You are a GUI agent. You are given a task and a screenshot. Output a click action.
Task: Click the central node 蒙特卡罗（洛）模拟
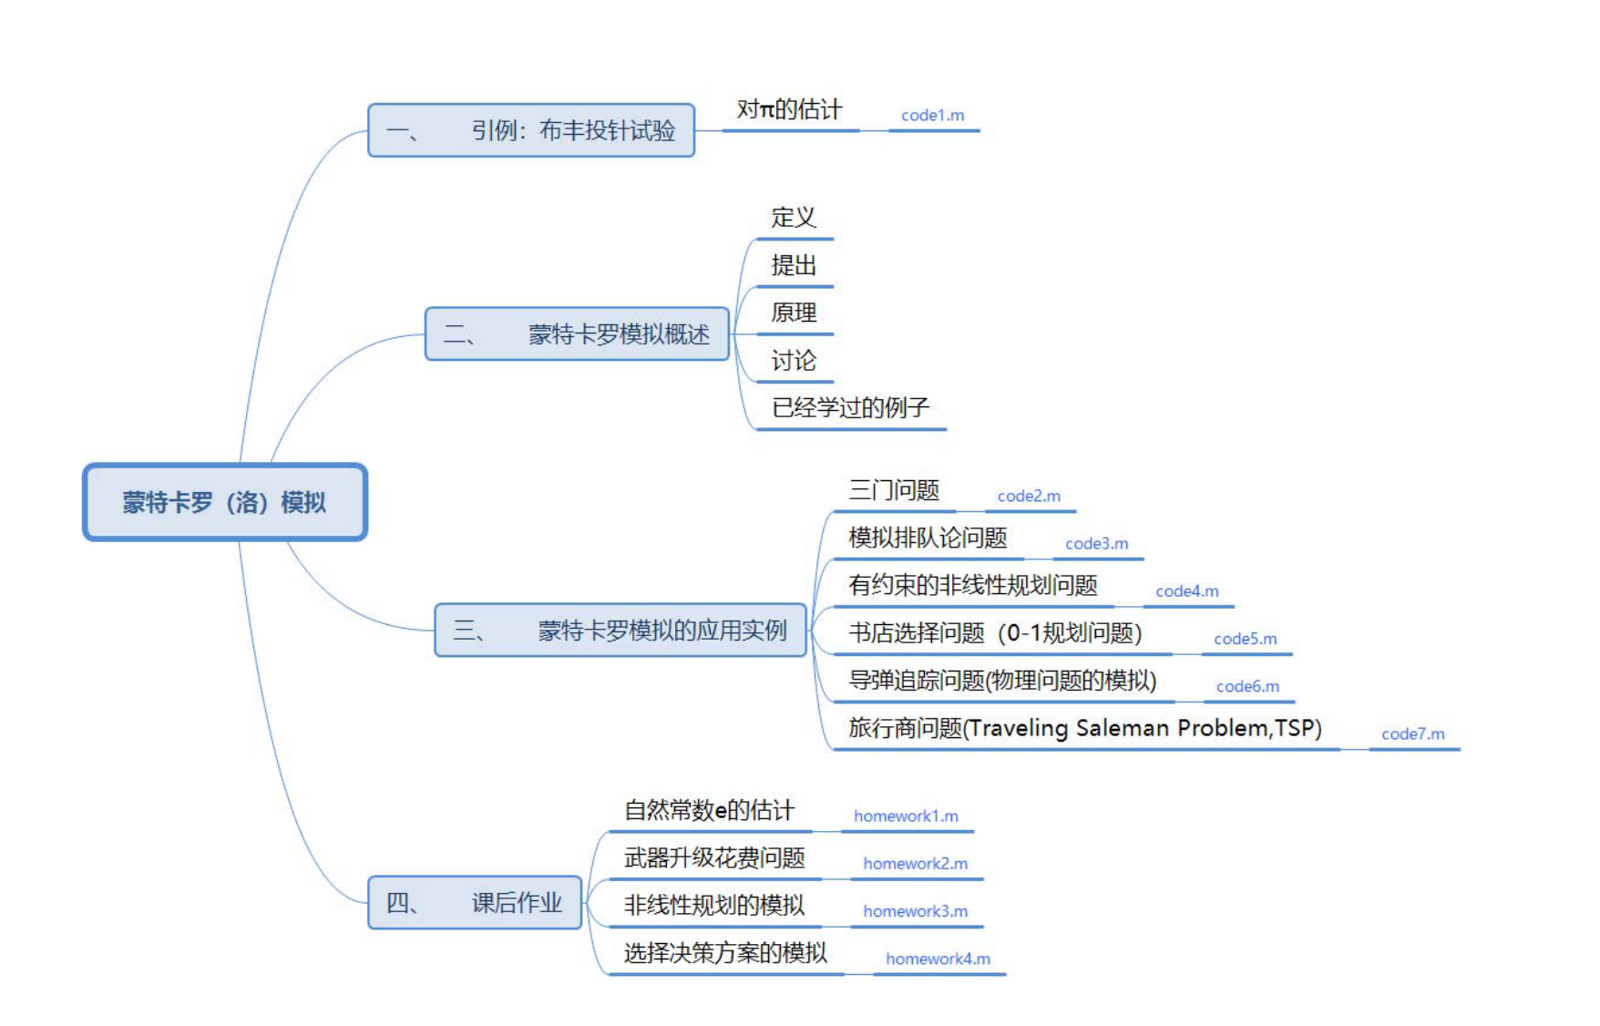click(224, 502)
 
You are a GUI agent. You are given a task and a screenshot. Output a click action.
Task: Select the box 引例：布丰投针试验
click(531, 130)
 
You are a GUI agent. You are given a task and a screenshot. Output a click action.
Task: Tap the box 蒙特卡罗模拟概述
click(577, 334)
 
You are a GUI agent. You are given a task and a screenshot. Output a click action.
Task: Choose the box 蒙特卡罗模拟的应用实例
click(621, 630)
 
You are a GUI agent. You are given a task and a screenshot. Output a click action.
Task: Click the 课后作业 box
click(475, 902)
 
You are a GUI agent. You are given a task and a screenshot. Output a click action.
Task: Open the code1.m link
click(932, 116)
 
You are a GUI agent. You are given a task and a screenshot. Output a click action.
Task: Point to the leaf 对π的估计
click(789, 110)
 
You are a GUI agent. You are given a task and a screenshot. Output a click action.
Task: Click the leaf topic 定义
click(793, 218)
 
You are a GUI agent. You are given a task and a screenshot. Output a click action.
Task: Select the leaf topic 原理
click(793, 313)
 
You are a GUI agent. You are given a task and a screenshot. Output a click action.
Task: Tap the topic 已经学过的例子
click(849, 407)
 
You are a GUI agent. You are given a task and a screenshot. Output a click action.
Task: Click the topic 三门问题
click(893, 491)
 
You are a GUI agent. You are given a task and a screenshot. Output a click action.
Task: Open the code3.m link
click(1096, 544)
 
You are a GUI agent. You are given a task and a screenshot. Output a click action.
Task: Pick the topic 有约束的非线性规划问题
click(972, 586)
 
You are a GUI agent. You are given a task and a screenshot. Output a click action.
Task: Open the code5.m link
click(1245, 639)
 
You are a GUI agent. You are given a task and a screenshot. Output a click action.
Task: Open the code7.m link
click(1412, 734)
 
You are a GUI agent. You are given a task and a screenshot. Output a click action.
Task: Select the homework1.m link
click(906, 816)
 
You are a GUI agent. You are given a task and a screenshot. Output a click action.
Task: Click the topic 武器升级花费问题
click(714, 857)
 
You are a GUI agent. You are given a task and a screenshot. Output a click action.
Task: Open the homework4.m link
click(938, 959)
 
